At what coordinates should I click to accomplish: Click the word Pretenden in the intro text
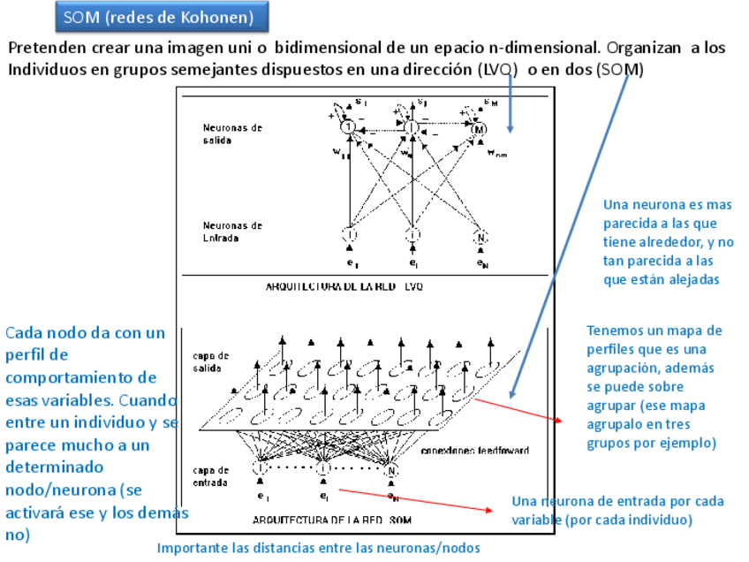[44, 49]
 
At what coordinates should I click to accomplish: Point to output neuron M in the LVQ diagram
[479, 130]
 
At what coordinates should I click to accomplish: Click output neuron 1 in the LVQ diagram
[349, 130]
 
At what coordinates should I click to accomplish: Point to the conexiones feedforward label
[474, 451]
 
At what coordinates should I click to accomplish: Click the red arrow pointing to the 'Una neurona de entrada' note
[415, 500]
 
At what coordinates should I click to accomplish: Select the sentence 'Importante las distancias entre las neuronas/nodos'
[318, 548]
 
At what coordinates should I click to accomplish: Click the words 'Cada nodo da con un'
[86, 333]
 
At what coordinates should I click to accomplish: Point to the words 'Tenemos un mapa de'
[654, 330]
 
